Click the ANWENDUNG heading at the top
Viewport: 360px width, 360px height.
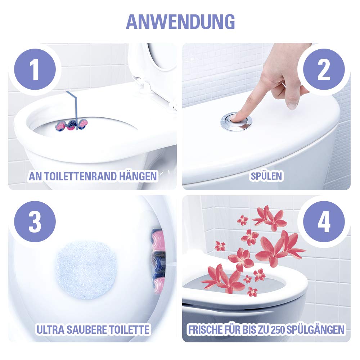180,22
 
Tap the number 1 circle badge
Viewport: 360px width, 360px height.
35,70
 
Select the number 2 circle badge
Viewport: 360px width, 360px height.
324,70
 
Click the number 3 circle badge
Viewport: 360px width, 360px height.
35,222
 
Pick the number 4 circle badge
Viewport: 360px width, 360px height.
324,222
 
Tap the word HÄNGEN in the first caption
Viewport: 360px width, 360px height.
139,176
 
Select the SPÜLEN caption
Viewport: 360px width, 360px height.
267,176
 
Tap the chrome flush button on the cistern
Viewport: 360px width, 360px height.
236,121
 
